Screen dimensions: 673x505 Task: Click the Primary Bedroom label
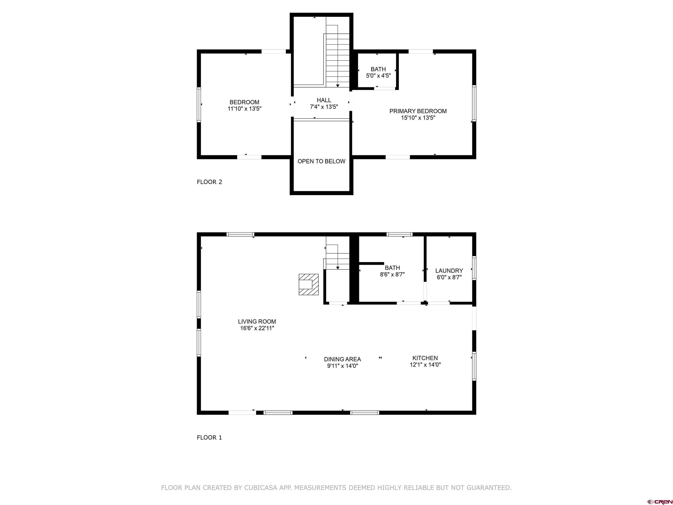click(418, 111)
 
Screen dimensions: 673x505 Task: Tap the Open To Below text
click(321, 161)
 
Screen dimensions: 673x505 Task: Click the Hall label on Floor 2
click(324, 100)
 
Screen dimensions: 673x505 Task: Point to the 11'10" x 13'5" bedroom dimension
click(244, 109)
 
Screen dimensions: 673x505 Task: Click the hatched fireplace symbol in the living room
click(308, 284)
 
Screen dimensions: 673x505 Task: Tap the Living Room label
click(257, 322)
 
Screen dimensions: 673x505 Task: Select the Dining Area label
click(342, 359)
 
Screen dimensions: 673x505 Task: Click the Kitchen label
click(425, 358)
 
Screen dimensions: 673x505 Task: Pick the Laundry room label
click(449, 271)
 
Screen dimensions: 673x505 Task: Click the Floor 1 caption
click(209, 437)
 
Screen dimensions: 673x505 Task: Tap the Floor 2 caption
click(209, 182)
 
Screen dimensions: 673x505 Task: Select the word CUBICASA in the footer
click(261, 488)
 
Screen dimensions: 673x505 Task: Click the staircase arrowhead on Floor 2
click(337, 86)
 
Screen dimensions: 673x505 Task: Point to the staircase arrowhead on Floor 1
click(337, 268)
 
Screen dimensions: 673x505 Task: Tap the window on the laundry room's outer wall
click(474, 268)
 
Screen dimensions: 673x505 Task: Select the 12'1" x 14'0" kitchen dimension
click(425, 365)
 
